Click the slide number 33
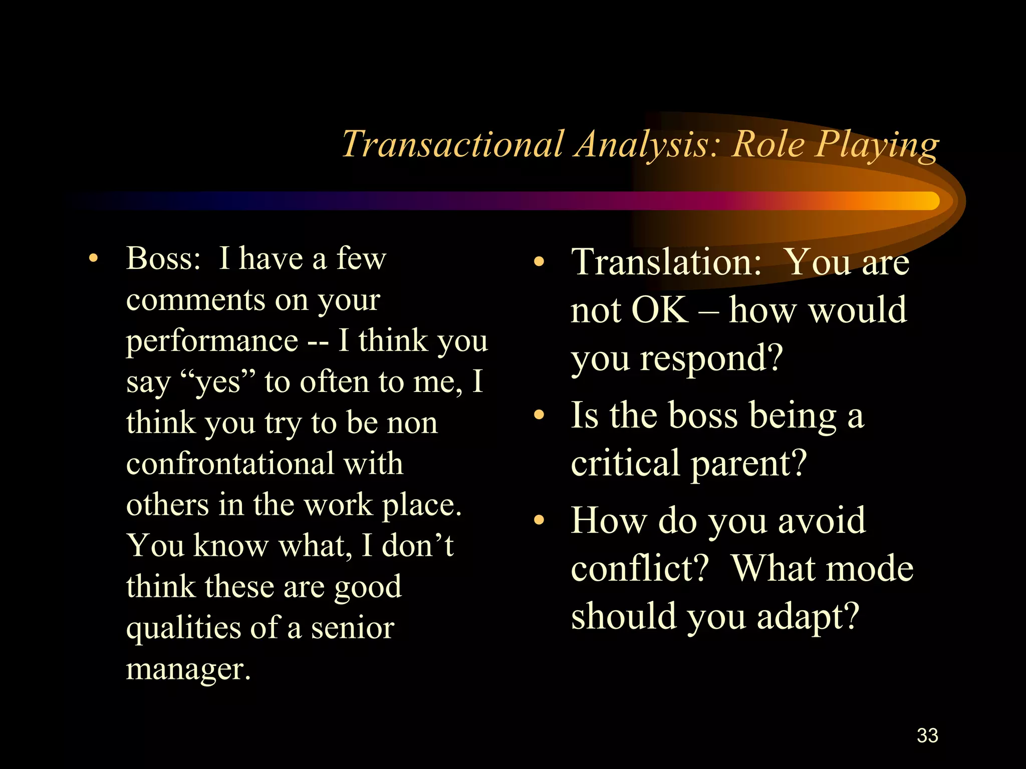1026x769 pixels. [x=927, y=735]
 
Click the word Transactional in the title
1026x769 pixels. [x=452, y=145]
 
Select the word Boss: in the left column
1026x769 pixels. [x=163, y=259]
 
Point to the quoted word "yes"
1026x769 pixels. [x=217, y=382]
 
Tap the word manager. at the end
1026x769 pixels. [x=188, y=668]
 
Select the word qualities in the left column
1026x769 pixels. [x=183, y=628]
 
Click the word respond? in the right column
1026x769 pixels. [x=711, y=358]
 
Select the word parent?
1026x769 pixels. [x=748, y=464]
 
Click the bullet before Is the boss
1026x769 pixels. [x=539, y=415]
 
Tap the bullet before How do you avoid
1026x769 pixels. [x=539, y=520]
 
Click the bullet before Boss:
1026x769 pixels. [x=93, y=259]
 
